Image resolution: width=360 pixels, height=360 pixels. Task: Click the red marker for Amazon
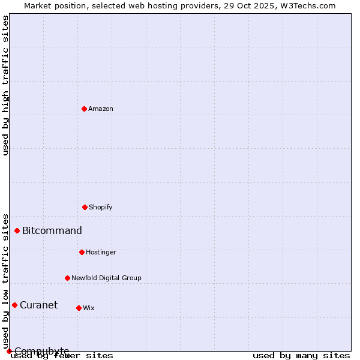[x=84, y=109]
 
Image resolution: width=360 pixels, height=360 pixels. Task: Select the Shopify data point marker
[x=85, y=207]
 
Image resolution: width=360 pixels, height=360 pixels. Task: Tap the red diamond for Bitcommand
[x=17, y=230]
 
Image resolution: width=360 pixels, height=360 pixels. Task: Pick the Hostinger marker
[x=82, y=252]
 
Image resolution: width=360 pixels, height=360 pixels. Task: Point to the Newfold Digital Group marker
[x=67, y=278]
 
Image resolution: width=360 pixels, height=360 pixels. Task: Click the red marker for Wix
[x=79, y=308]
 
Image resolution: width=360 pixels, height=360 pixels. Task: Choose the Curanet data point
[x=14, y=305]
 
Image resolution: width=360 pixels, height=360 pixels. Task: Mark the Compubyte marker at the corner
[x=9, y=351]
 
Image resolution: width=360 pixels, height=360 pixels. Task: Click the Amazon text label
[x=101, y=109]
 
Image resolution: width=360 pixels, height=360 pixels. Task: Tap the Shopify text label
[x=101, y=208]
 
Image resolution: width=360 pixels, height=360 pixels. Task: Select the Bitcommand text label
[x=52, y=231]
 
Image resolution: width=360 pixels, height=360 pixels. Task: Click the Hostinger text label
[x=101, y=253]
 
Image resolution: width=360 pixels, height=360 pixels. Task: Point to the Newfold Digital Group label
[x=106, y=278]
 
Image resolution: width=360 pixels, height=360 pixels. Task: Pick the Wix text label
[x=89, y=308]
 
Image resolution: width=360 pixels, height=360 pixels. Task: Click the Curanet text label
[x=38, y=305]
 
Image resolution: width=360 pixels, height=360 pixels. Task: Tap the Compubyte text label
[x=42, y=351]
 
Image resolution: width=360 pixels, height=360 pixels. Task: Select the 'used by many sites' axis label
[x=301, y=356]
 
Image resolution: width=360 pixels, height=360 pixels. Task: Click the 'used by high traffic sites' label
[x=5, y=85]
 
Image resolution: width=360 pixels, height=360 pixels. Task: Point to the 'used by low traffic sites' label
[x=5, y=281]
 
